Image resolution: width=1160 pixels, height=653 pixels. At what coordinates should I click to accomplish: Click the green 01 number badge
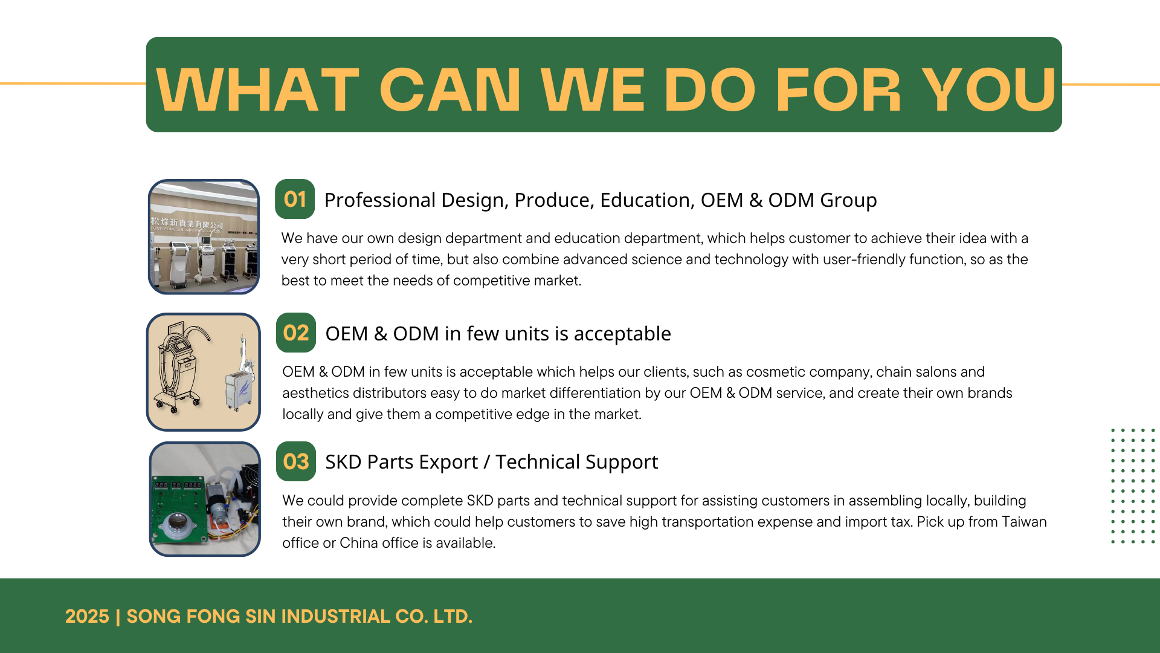[x=295, y=199]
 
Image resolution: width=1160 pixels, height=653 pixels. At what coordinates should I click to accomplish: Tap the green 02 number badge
[x=296, y=333]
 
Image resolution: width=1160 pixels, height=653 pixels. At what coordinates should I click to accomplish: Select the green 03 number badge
[x=296, y=461]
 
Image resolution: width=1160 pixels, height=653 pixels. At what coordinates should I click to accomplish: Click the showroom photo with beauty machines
[x=204, y=237]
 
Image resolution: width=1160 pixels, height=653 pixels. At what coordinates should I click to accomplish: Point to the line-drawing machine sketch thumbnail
[x=204, y=372]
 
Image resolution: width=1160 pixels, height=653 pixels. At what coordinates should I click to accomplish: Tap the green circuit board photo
[x=205, y=499]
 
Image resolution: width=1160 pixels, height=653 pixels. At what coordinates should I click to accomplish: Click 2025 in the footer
[x=87, y=616]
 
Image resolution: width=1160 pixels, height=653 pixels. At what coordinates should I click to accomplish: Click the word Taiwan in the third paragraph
[x=1024, y=522]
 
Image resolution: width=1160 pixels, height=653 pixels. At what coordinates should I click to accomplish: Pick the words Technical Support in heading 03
[x=576, y=463]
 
